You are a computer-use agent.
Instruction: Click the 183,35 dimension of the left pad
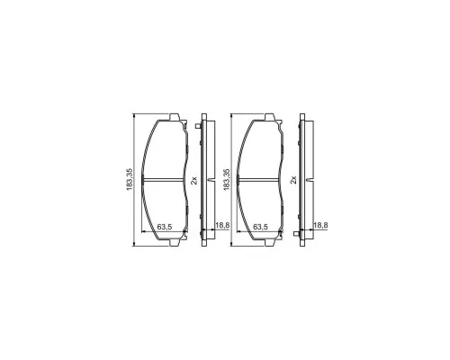point(130,179)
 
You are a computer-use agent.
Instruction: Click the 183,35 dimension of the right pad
point(227,179)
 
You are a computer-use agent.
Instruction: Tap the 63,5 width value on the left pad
point(164,227)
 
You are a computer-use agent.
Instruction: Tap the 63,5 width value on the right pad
point(260,227)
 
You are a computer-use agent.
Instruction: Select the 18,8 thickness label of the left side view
point(222,225)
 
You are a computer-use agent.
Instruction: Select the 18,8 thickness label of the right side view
point(320,225)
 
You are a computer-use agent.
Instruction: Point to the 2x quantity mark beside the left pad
point(194,180)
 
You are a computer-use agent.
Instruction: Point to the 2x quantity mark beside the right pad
point(293,180)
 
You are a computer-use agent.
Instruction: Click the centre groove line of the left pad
point(164,180)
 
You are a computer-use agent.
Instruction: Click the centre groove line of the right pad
point(259,180)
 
